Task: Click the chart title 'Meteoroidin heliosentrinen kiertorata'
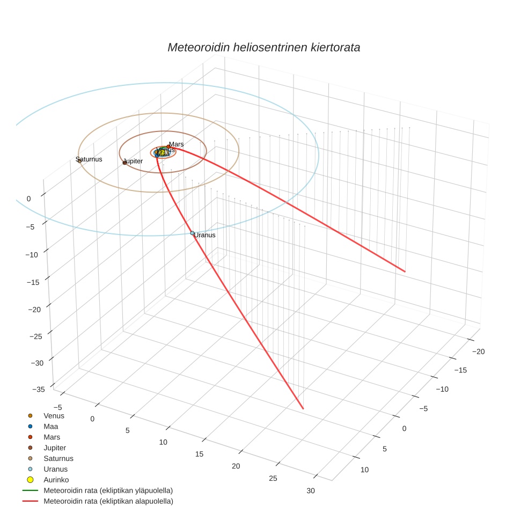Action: [263, 47]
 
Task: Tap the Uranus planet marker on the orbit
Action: [192, 233]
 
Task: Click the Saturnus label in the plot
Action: [89, 159]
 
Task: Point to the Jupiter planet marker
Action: [124, 163]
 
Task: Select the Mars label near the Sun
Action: [176, 144]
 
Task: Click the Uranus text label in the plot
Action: [204, 235]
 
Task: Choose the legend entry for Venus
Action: [54, 415]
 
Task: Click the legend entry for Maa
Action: [50, 426]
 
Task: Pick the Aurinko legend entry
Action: [56, 480]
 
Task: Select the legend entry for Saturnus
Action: [58, 458]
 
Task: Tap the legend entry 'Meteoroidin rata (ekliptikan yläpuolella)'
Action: [108, 490]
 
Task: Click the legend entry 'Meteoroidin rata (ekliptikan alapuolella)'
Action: [108, 501]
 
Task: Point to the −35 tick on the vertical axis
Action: [38, 390]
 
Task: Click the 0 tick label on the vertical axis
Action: [28, 199]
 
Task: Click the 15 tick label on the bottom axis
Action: [199, 454]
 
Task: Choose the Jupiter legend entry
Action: [55, 448]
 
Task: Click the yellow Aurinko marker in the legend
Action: [31, 480]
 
